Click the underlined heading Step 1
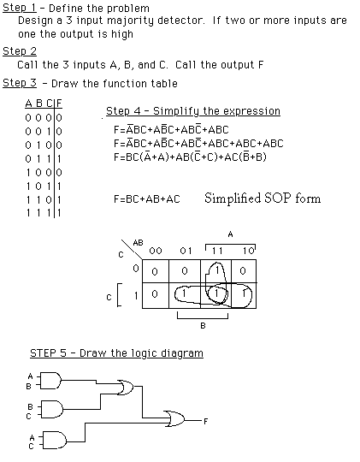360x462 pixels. pyautogui.click(x=20, y=8)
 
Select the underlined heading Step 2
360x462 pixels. pyautogui.click(x=20, y=51)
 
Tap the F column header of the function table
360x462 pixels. pyautogui.click(x=59, y=104)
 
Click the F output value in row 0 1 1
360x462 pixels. pyautogui.click(x=59, y=159)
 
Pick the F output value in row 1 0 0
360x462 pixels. pyautogui.click(x=59, y=172)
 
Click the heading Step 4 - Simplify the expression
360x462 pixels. pyautogui.click(x=193, y=111)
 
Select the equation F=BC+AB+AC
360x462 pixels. pyautogui.click(x=147, y=199)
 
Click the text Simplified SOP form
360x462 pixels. pyautogui.click(x=263, y=198)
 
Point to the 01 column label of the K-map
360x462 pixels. pyautogui.click(x=186, y=251)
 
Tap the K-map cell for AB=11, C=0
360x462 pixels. pyautogui.click(x=216, y=271)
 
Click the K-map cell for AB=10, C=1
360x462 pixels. pyautogui.click(x=244, y=295)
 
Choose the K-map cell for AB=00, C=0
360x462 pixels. pyautogui.click(x=156, y=271)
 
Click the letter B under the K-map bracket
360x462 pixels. pyautogui.click(x=203, y=326)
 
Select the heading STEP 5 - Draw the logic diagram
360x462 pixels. pyautogui.click(x=116, y=353)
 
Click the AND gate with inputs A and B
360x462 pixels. pyautogui.click(x=50, y=381)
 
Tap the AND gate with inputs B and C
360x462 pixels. pyautogui.click(x=52, y=409)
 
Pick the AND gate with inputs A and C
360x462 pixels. pyautogui.click(x=55, y=441)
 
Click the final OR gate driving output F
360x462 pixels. pyautogui.click(x=174, y=418)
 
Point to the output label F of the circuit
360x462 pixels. pyautogui.click(x=205, y=422)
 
